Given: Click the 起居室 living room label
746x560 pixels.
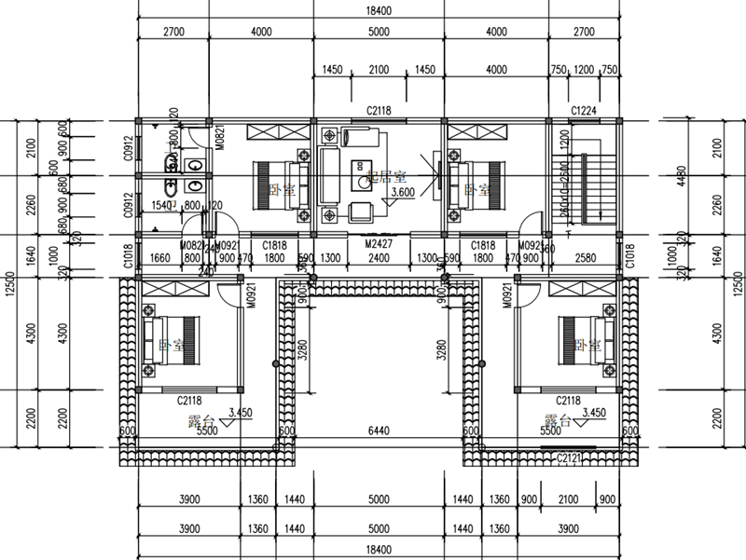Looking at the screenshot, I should (385, 175).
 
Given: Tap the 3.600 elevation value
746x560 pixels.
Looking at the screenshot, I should (402, 192).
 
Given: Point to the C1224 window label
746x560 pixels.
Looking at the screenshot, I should (584, 111).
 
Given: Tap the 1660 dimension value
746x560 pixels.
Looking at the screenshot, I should (159, 258).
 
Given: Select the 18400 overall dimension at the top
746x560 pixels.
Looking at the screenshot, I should (378, 9).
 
